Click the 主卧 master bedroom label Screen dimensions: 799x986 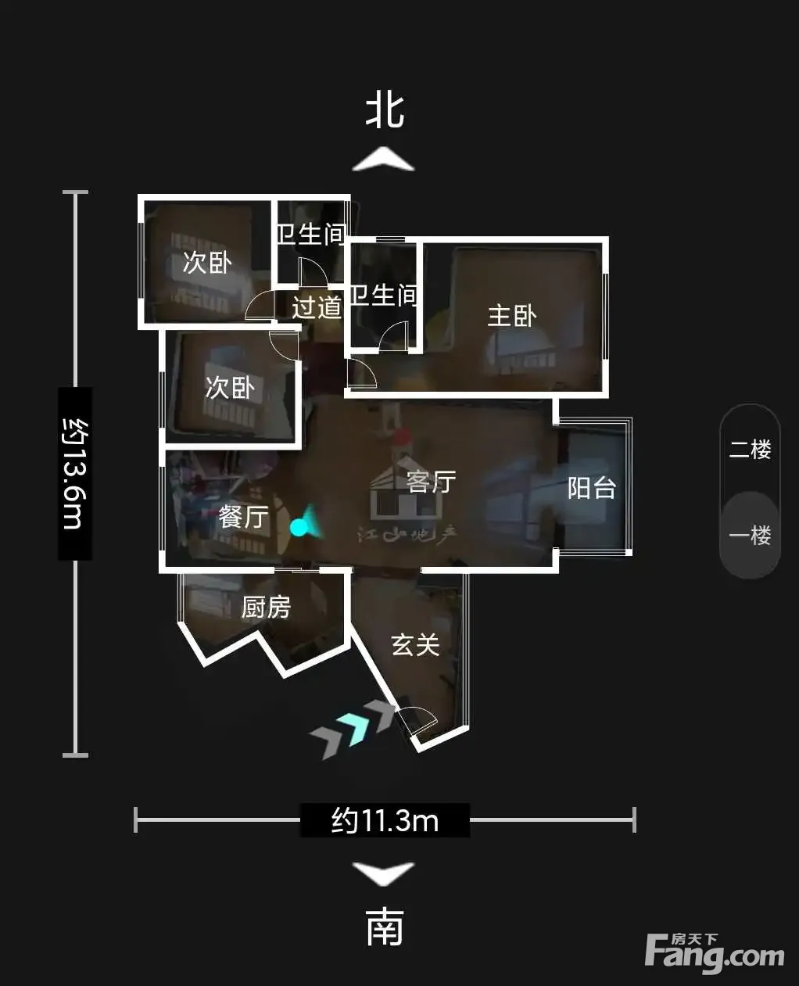point(512,316)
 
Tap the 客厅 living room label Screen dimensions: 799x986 point(431,482)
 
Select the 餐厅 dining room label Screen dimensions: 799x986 point(243,517)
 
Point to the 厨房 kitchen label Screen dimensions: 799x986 point(266,607)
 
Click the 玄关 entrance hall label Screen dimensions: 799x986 point(415,644)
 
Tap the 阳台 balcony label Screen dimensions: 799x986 point(592,488)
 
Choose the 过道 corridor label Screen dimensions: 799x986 point(317,307)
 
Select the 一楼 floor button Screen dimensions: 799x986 point(750,536)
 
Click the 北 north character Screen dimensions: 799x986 point(385,111)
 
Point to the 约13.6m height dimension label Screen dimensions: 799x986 point(74,474)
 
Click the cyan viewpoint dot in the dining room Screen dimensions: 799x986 point(299,527)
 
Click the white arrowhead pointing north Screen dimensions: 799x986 point(384,160)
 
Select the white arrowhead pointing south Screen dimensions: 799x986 point(384,874)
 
